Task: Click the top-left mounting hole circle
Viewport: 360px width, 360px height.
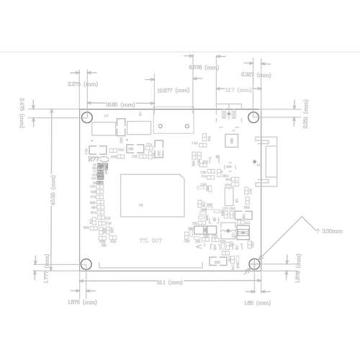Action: click(x=86, y=117)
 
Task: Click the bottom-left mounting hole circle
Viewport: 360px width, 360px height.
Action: click(x=86, y=264)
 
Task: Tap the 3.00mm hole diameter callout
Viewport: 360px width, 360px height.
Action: click(x=330, y=231)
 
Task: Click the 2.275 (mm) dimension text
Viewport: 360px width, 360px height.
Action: click(x=81, y=84)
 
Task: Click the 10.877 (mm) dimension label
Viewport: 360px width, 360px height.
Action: click(x=174, y=91)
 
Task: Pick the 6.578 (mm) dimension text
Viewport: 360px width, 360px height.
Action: click(x=204, y=67)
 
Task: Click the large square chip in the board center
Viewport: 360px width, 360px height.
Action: click(x=152, y=194)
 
